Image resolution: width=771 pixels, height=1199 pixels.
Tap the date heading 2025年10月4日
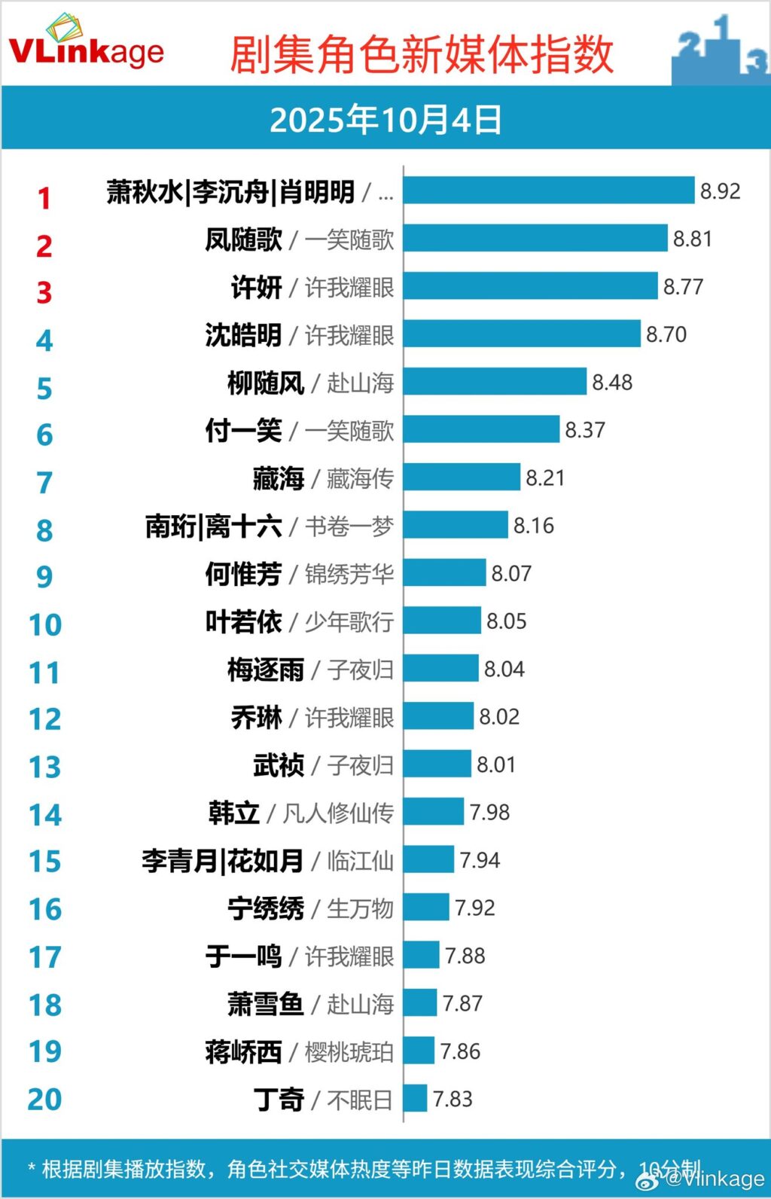(385, 120)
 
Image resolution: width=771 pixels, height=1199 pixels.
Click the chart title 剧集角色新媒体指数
(422, 54)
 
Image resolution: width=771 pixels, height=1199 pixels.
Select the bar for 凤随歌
(535, 238)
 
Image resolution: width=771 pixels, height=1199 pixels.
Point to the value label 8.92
(720, 191)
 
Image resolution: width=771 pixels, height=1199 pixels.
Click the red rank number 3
(44, 292)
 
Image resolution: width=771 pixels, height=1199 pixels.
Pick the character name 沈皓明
(243, 335)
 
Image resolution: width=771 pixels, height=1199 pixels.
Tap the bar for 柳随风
(495, 382)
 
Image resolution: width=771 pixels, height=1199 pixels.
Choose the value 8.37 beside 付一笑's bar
(585, 430)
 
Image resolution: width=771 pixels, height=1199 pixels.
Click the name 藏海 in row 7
(279, 478)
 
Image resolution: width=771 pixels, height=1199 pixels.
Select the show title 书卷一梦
(349, 526)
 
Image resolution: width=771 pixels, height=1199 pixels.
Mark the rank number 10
(44, 625)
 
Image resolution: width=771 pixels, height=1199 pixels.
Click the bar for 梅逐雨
(440, 669)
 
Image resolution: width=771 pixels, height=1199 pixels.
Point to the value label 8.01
(496, 764)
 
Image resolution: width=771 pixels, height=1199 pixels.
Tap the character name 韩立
(234, 813)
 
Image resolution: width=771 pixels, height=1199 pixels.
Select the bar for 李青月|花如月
(428, 860)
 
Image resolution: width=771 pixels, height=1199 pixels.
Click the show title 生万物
(360, 909)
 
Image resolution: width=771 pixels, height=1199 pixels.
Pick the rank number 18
(44, 1005)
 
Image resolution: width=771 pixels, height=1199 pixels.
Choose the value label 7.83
(453, 1099)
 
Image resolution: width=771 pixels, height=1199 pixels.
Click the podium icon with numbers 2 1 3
(720, 49)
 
